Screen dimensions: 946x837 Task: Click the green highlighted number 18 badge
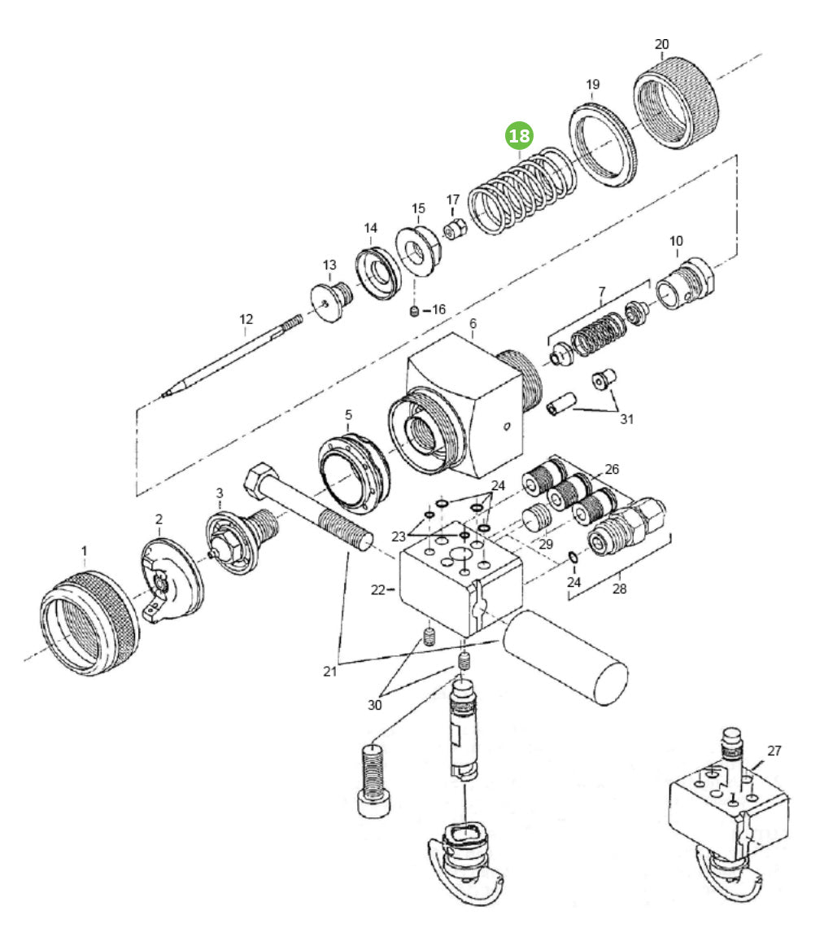520,136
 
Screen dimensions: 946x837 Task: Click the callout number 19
593,85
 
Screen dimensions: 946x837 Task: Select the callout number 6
473,323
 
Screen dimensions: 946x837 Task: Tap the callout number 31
626,419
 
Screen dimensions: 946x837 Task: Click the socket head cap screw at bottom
376,782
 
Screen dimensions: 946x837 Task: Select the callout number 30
374,705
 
